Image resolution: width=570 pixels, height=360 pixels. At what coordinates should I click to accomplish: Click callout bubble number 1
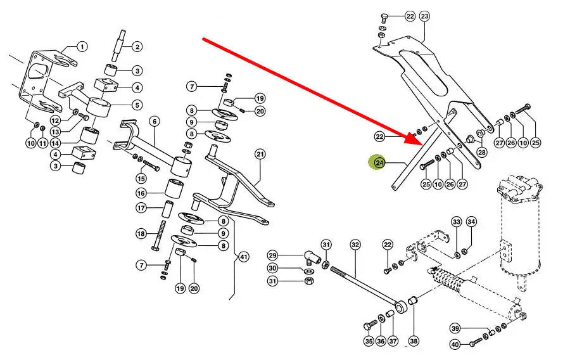coord(82,46)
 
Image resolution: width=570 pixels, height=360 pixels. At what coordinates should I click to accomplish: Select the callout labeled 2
coord(137,46)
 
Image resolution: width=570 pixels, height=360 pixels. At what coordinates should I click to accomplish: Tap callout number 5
coord(137,104)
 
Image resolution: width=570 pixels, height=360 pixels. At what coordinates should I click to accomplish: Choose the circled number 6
coord(154,121)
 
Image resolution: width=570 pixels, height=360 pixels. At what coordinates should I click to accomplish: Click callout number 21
coord(260,154)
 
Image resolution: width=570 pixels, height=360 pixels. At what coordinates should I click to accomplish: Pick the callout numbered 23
coord(424,16)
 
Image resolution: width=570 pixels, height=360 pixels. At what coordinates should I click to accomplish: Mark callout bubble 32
coord(355,245)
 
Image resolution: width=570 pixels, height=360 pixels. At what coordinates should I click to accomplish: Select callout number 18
coord(141,234)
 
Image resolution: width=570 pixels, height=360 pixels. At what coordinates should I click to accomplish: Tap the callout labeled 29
coord(272,255)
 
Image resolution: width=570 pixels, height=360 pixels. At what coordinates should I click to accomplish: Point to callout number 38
coord(414,341)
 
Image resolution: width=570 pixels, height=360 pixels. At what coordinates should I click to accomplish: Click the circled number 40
coord(455,344)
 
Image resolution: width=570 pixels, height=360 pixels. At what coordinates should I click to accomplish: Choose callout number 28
coord(482,151)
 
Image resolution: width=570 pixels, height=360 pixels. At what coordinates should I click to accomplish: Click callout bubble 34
coord(471,222)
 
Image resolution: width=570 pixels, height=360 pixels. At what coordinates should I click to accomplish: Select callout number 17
coord(141,208)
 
